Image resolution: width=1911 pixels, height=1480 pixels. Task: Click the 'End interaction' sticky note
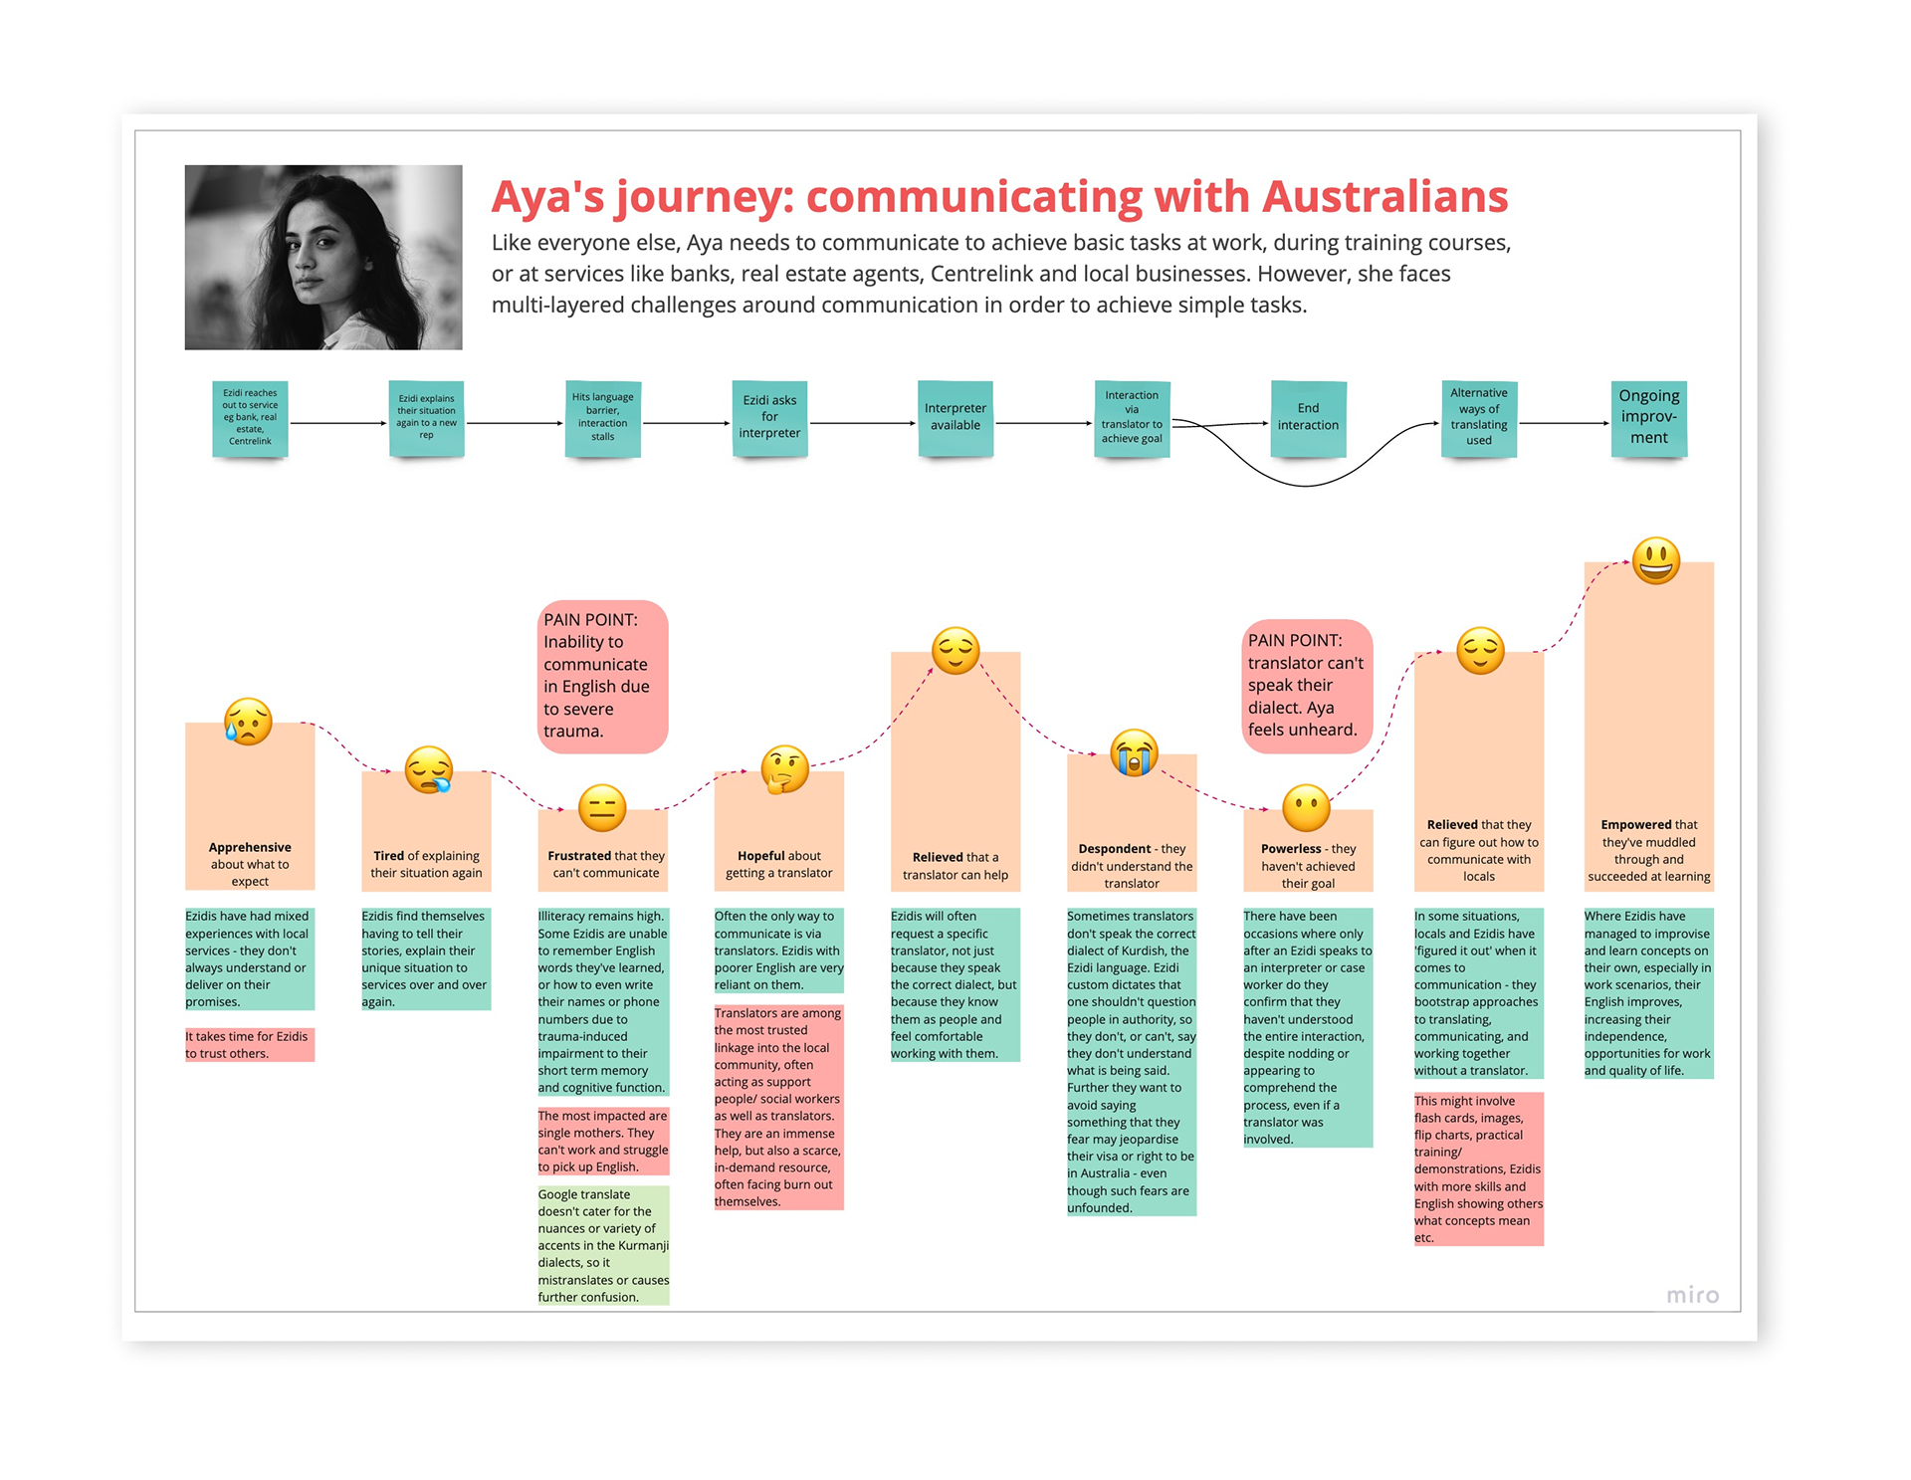[x=1308, y=418]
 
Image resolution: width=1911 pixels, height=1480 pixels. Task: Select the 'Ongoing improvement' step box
[x=1648, y=418]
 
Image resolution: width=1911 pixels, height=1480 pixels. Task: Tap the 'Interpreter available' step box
[x=955, y=418]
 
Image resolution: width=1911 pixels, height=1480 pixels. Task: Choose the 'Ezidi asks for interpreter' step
[x=769, y=418]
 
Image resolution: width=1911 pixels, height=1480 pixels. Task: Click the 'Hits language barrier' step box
[x=602, y=418]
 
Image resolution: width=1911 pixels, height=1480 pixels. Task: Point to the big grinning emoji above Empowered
[x=1656, y=560]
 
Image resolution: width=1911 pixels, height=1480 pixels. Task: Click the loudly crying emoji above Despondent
[x=1134, y=752]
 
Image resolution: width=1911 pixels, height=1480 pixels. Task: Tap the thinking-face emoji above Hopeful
[x=784, y=768]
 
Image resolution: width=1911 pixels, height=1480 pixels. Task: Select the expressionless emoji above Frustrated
[x=602, y=807]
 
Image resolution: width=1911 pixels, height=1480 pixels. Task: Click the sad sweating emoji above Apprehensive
[x=248, y=722]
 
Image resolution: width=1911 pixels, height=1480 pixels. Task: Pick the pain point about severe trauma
[x=602, y=676]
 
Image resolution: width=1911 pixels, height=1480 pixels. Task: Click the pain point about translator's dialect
[x=1307, y=686]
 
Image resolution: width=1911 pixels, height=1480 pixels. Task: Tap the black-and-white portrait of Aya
[x=323, y=257]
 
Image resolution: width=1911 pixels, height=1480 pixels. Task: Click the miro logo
[x=1693, y=1295]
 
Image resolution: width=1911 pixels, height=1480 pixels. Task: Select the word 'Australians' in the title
[x=1385, y=196]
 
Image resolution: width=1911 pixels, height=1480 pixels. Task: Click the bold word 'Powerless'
[x=1291, y=849]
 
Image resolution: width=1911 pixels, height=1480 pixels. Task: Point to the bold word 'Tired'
[x=388, y=856]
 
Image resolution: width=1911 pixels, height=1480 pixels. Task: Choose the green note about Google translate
[x=603, y=1245]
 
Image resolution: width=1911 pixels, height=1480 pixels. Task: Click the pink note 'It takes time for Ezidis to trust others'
[x=250, y=1045]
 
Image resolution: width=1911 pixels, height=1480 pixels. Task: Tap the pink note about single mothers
[x=603, y=1141]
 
